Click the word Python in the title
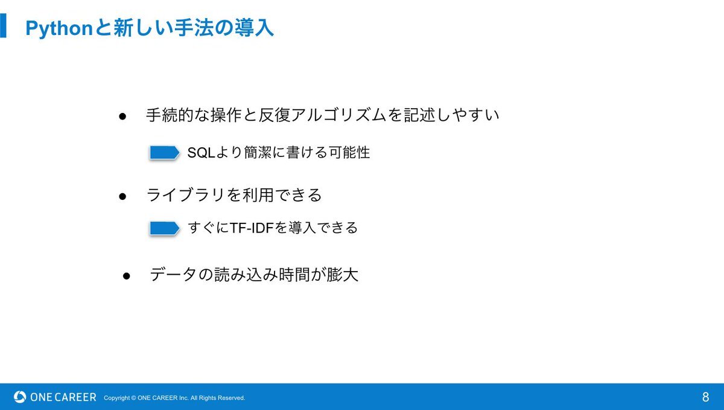60,29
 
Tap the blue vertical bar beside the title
3,25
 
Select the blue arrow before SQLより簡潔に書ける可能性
164,152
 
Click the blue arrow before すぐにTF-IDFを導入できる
164,228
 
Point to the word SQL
201,153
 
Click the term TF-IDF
252,228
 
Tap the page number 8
705,397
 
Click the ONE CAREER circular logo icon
20,397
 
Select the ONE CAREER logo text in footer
63,397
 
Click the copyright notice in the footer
174,398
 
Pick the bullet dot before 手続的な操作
122,117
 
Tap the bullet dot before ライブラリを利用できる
122,196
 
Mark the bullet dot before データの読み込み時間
126,276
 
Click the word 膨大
342,274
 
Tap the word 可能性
349,152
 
